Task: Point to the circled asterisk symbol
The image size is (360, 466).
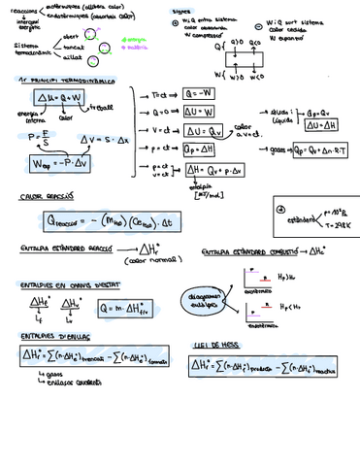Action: tap(281, 209)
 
